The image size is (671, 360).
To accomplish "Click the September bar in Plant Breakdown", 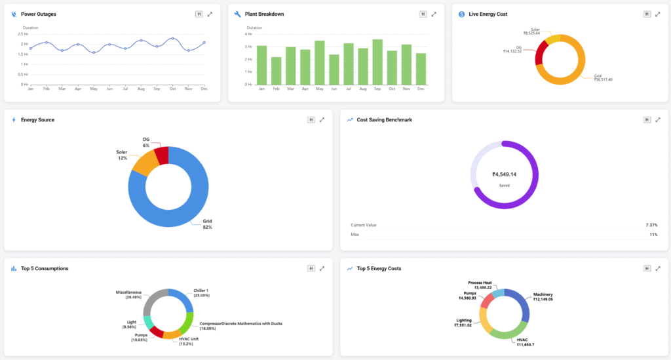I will (x=377, y=62).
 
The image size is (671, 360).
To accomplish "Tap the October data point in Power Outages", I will (x=172, y=38).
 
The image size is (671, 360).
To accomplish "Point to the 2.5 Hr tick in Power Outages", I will (x=23, y=33).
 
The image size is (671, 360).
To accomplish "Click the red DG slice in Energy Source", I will (x=161, y=155).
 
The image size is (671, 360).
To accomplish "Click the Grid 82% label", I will (x=207, y=224).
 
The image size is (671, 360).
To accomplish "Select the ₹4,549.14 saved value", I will (x=505, y=174).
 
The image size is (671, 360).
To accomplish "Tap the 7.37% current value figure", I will (x=651, y=225).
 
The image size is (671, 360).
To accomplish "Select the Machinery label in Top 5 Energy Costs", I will (x=543, y=296).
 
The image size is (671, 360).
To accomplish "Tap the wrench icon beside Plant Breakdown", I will (x=237, y=14).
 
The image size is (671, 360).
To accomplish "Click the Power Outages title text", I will (x=38, y=14).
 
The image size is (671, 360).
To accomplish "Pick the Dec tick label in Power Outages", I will (x=204, y=89).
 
